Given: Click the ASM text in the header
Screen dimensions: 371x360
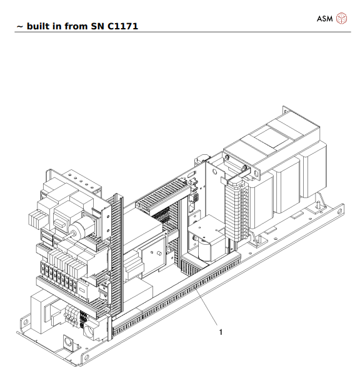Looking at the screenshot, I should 325,18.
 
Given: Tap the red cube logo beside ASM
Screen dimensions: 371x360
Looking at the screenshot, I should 341,18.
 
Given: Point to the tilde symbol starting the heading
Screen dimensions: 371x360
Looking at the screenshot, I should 19,27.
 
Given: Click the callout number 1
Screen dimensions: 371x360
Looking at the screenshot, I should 220,332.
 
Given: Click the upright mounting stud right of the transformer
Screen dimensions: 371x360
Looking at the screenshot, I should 319,202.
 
